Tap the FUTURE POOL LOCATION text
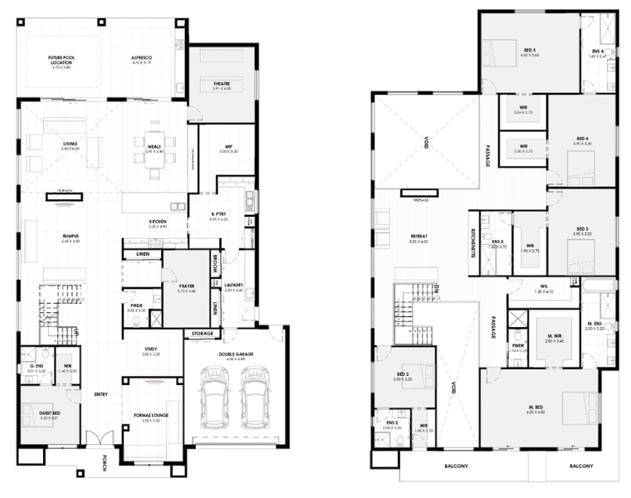pyautogui.click(x=63, y=59)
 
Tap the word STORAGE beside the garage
pyautogui.click(x=203, y=334)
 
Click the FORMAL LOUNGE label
pyautogui.click(x=150, y=417)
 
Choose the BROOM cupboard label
pyautogui.click(x=214, y=263)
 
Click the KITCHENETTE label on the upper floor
pyautogui.click(x=472, y=241)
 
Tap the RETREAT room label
pyautogui.click(x=419, y=236)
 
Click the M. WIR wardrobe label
pyautogui.click(x=554, y=336)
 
